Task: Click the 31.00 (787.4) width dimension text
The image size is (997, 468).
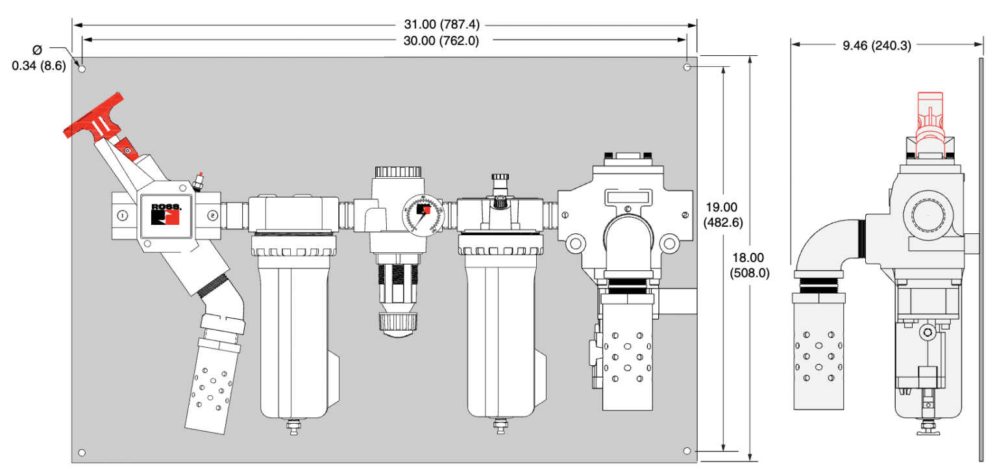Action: [x=441, y=25]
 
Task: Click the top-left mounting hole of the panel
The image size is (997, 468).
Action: [x=82, y=68]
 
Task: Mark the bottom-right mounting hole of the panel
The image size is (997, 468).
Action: [x=687, y=450]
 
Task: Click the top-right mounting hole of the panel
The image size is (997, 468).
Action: [x=687, y=67]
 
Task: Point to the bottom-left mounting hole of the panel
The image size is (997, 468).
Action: [x=82, y=452]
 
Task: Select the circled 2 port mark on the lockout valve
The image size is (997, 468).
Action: [x=212, y=215]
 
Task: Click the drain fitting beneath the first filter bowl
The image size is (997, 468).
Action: [x=293, y=427]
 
